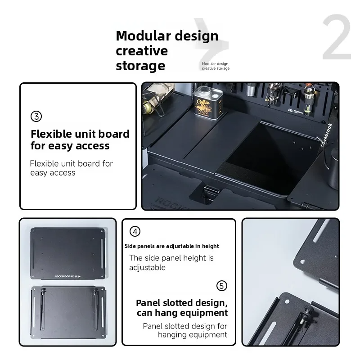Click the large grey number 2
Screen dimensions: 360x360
[x=337, y=37]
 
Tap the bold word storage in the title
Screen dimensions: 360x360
[x=140, y=66]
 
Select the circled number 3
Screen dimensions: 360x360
[x=36, y=117]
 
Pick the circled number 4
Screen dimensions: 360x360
[x=135, y=231]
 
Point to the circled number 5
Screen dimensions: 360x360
[x=222, y=286]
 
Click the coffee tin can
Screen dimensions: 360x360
[x=207, y=102]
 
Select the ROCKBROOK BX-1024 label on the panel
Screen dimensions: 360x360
[x=68, y=276]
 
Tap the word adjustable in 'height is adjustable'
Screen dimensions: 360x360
[x=147, y=268]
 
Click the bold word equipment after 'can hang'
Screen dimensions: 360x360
[x=207, y=313]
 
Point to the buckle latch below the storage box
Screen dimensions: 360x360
[x=210, y=193]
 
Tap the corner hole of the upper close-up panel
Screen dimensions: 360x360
[x=302, y=262]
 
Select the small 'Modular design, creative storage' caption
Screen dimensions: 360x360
[x=216, y=66]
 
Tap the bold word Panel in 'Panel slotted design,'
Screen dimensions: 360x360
[x=148, y=303]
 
